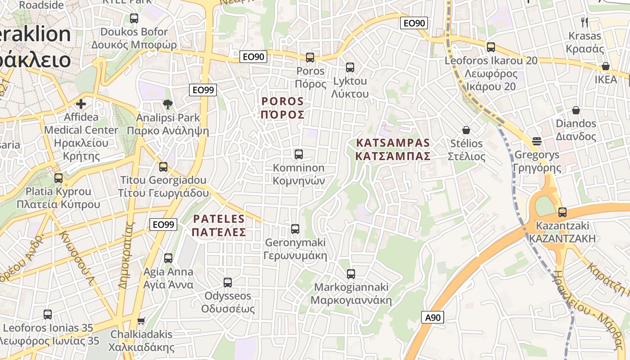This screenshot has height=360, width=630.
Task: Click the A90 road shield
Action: click(x=433, y=317)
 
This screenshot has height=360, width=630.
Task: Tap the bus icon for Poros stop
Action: click(x=310, y=58)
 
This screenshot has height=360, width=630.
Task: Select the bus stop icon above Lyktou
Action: click(x=350, y=67)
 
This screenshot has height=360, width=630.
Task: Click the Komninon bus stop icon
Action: click(x=298, y=154)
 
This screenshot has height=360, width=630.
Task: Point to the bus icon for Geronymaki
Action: click(x=295, y=229)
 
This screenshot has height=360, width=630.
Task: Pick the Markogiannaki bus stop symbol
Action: click(x=351, y=274)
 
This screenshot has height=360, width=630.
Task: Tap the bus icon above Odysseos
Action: click(x=228, y=283)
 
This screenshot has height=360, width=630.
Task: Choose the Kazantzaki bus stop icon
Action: click(x=562, y=212)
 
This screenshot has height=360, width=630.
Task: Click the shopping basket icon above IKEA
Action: click(x=606, y=67)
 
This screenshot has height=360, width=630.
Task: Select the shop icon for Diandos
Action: click(x=576, y=110)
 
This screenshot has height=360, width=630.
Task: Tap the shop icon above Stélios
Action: click(x=466, y=130)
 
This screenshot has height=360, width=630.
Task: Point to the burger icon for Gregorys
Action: click(x=536, y=141)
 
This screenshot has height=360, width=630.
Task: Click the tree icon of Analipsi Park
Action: click(x=168, y=104)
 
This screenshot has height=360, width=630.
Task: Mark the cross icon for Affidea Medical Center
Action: click(x=81, y=104)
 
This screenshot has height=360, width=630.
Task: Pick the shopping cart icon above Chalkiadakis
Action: click(x=141, y=321)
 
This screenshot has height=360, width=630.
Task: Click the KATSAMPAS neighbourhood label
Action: click(x=393, y=149)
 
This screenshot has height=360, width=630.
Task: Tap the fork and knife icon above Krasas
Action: click(x=585, y=22)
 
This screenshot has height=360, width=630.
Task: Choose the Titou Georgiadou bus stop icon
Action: click(x=163, y=167)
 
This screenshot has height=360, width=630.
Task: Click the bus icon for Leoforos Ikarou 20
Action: click(x=490, y=47)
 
